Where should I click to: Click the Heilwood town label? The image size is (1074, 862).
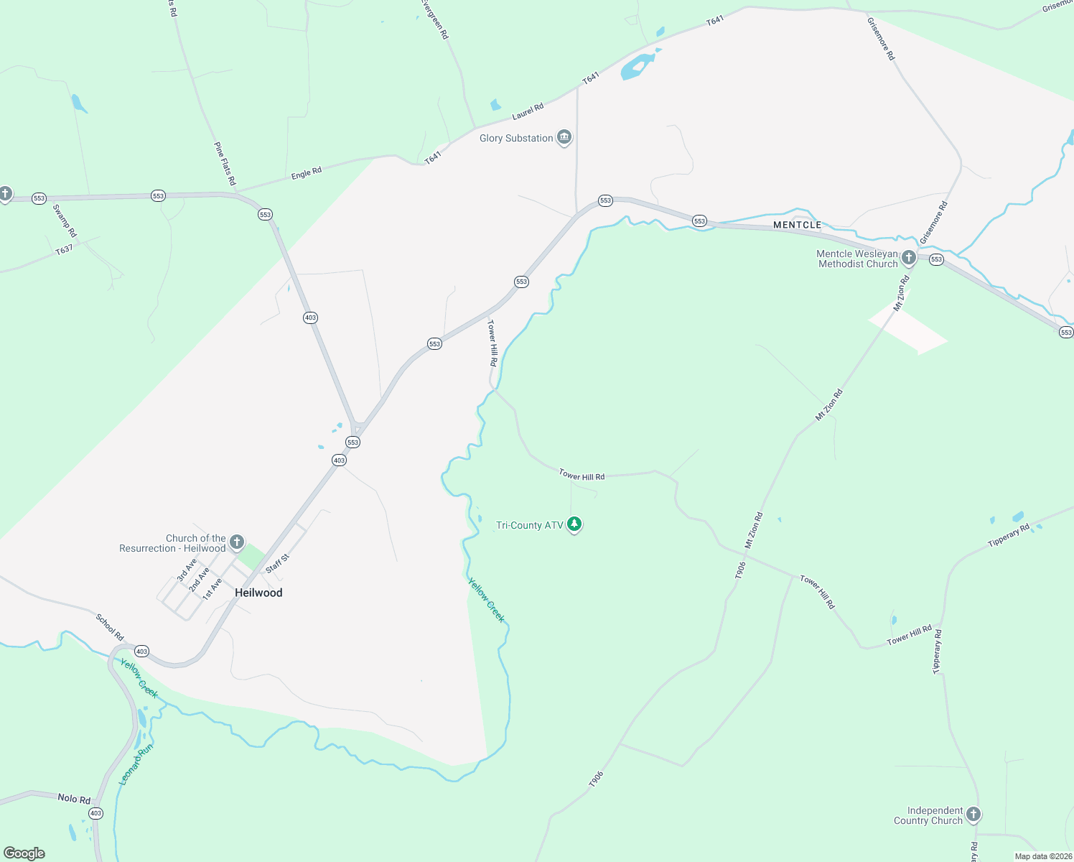point(258,593)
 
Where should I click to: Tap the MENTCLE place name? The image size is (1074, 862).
point(797,225)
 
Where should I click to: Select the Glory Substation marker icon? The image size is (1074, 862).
point(564,137)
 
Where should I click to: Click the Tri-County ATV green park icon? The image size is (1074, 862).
point(574,524)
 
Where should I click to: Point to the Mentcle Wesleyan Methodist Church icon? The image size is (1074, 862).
point(909,258)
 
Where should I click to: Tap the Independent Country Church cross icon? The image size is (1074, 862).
point(973,815)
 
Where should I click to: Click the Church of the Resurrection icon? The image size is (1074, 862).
point(237,542)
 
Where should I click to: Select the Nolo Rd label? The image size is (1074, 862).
point(74,799)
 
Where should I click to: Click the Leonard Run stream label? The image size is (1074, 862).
point(136,765)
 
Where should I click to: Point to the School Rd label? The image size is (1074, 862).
point(110,627)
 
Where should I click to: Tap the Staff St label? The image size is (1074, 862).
point(277,563)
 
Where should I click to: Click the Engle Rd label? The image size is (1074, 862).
point(307,173)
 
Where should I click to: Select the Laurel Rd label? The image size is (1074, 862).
point(528,111)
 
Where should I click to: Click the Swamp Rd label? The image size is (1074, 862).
point(65,221)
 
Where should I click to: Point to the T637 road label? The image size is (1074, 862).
point(64,250)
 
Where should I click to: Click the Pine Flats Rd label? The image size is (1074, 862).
point(225,164)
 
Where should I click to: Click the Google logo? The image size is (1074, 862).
point(24,853)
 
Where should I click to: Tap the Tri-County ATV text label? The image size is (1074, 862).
point(530,525)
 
